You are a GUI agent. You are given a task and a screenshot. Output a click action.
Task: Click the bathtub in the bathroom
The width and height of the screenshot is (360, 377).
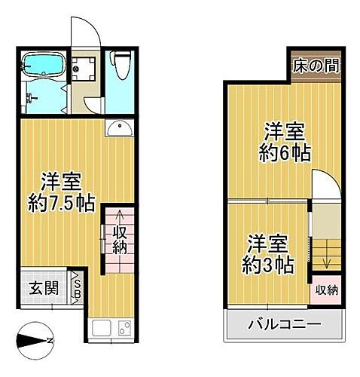click(43, 69)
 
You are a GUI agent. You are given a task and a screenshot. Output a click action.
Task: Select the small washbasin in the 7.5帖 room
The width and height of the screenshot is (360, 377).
click(119, 128)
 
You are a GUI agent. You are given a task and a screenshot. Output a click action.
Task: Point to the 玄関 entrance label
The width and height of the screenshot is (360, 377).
click(42, 288)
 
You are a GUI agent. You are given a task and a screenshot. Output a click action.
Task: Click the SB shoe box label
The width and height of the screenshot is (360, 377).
click(77, 287)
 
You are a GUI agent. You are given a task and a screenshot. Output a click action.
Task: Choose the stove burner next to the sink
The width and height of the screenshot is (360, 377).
click(124, 329)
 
